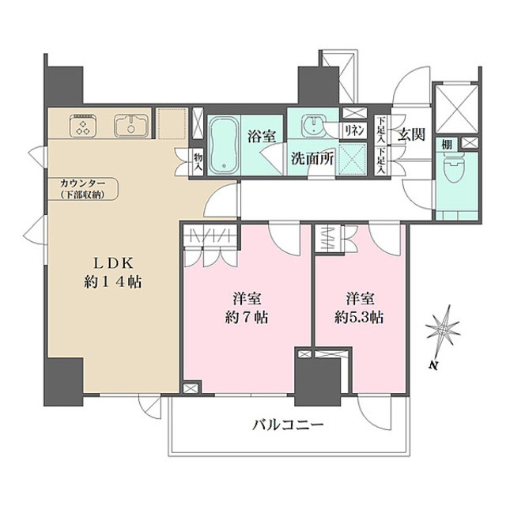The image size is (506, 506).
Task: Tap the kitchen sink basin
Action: (131, 126)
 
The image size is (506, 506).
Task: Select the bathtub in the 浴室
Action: (224, 145)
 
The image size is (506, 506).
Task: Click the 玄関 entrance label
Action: (411, 134)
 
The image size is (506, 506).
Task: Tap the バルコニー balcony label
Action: (288, 425)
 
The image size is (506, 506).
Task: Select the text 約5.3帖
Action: (359, 318)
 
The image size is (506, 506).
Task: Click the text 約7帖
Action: (247, 318)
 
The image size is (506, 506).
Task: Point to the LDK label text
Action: (113, 263)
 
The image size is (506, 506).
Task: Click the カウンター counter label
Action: (83, 183)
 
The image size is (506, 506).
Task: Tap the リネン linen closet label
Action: (354, 130)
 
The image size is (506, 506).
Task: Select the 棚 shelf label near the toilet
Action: (447, 145)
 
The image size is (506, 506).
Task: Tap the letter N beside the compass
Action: (434, 365)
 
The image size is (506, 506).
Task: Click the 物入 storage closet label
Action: (198, 162)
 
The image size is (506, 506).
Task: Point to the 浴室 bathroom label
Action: (262, 137)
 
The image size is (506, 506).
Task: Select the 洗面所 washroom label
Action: (312, 159)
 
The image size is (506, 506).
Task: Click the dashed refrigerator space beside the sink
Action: (172, 123)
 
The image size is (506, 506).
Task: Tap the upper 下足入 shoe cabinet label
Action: (382, 130)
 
